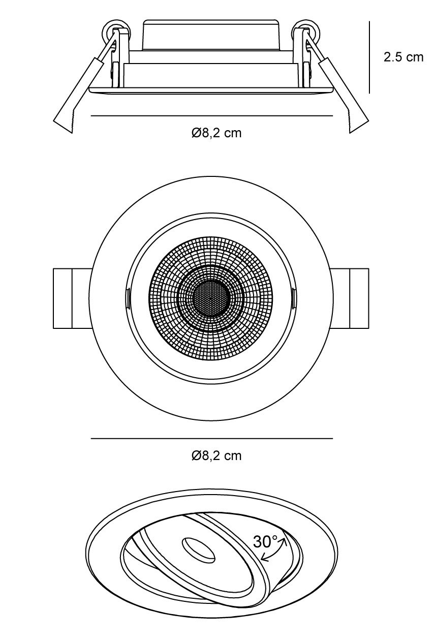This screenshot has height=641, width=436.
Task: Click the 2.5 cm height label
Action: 403,57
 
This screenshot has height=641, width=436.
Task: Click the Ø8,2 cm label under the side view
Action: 216,133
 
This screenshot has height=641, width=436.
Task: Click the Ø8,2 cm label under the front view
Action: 216,456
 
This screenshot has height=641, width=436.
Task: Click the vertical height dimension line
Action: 369,57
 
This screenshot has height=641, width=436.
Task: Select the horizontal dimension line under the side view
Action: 212,116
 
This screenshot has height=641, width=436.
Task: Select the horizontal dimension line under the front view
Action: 212,438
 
